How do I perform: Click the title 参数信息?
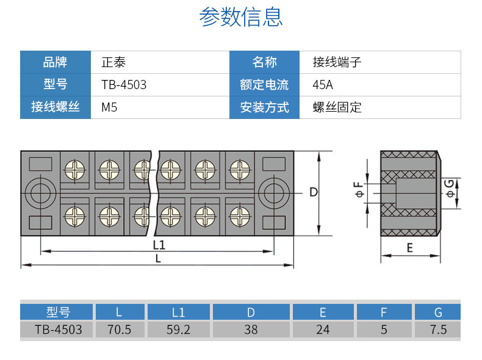click(241, 18)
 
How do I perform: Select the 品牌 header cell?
click(55, 62)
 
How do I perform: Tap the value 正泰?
click(113, 62)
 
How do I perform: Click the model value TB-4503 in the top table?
click(124, 85)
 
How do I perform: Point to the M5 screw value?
click(109, 107)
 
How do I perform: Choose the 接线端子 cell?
click(337, 62)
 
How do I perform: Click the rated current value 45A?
click(323, 85)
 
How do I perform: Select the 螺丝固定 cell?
click(337, 107)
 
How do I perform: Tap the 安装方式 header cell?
click(264, 107)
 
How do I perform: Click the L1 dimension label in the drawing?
click(159, 245)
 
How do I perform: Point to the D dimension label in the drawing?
click(313, 192)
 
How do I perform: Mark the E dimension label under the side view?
click(409, 248)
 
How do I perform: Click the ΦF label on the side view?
click(359, 192)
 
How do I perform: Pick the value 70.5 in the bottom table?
click(119, 329)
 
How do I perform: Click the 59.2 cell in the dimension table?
click(178, 329)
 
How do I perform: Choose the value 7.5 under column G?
click(438, 329)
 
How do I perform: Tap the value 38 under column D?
click(251, 329)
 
